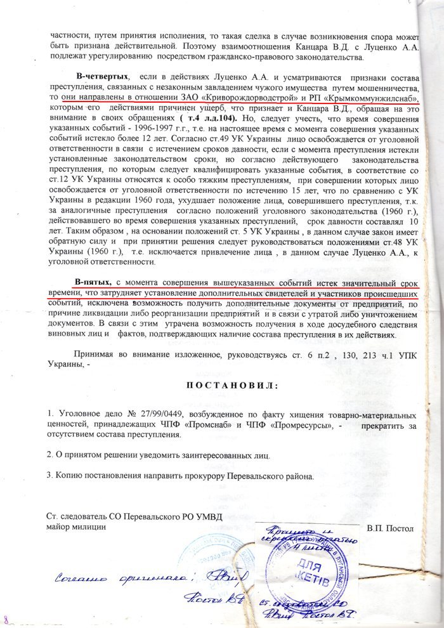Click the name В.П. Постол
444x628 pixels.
(x=389, y=528)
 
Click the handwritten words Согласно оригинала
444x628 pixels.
(x=114, y=579)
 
